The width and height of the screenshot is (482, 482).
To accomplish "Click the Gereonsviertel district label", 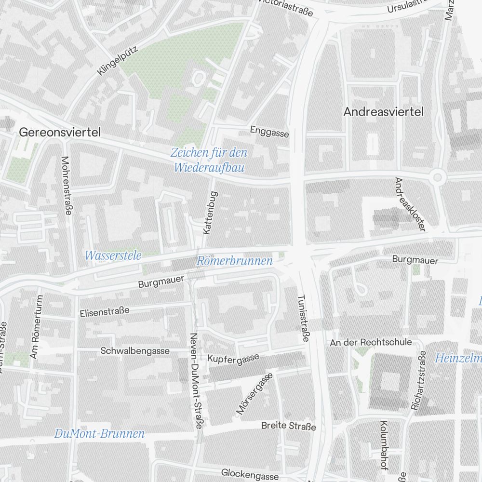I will (60, 133).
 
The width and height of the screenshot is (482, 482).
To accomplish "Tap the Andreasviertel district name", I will (383, 112).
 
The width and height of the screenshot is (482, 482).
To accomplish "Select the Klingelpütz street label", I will (118, 60).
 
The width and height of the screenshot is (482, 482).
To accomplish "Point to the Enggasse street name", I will (269, 131).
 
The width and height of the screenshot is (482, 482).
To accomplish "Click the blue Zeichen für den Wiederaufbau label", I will (209, 161).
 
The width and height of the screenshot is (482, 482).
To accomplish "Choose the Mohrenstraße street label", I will (67, 186).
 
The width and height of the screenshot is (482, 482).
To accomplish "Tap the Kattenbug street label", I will (211, 213).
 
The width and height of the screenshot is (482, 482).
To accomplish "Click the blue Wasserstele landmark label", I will (113, 255).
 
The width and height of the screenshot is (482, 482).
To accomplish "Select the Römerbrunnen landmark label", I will (235, 261).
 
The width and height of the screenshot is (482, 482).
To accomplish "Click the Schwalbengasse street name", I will (135, 351).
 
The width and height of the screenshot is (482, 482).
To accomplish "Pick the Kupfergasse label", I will (233, 358).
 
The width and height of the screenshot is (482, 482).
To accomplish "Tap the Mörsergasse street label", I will (254, 393).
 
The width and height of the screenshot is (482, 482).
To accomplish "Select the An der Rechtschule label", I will (371, 342).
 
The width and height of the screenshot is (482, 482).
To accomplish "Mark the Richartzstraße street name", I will (419, 381).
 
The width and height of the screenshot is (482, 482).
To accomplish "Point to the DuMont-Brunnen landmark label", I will (99, 434).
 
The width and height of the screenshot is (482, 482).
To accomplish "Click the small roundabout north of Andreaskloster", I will (437, 177).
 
